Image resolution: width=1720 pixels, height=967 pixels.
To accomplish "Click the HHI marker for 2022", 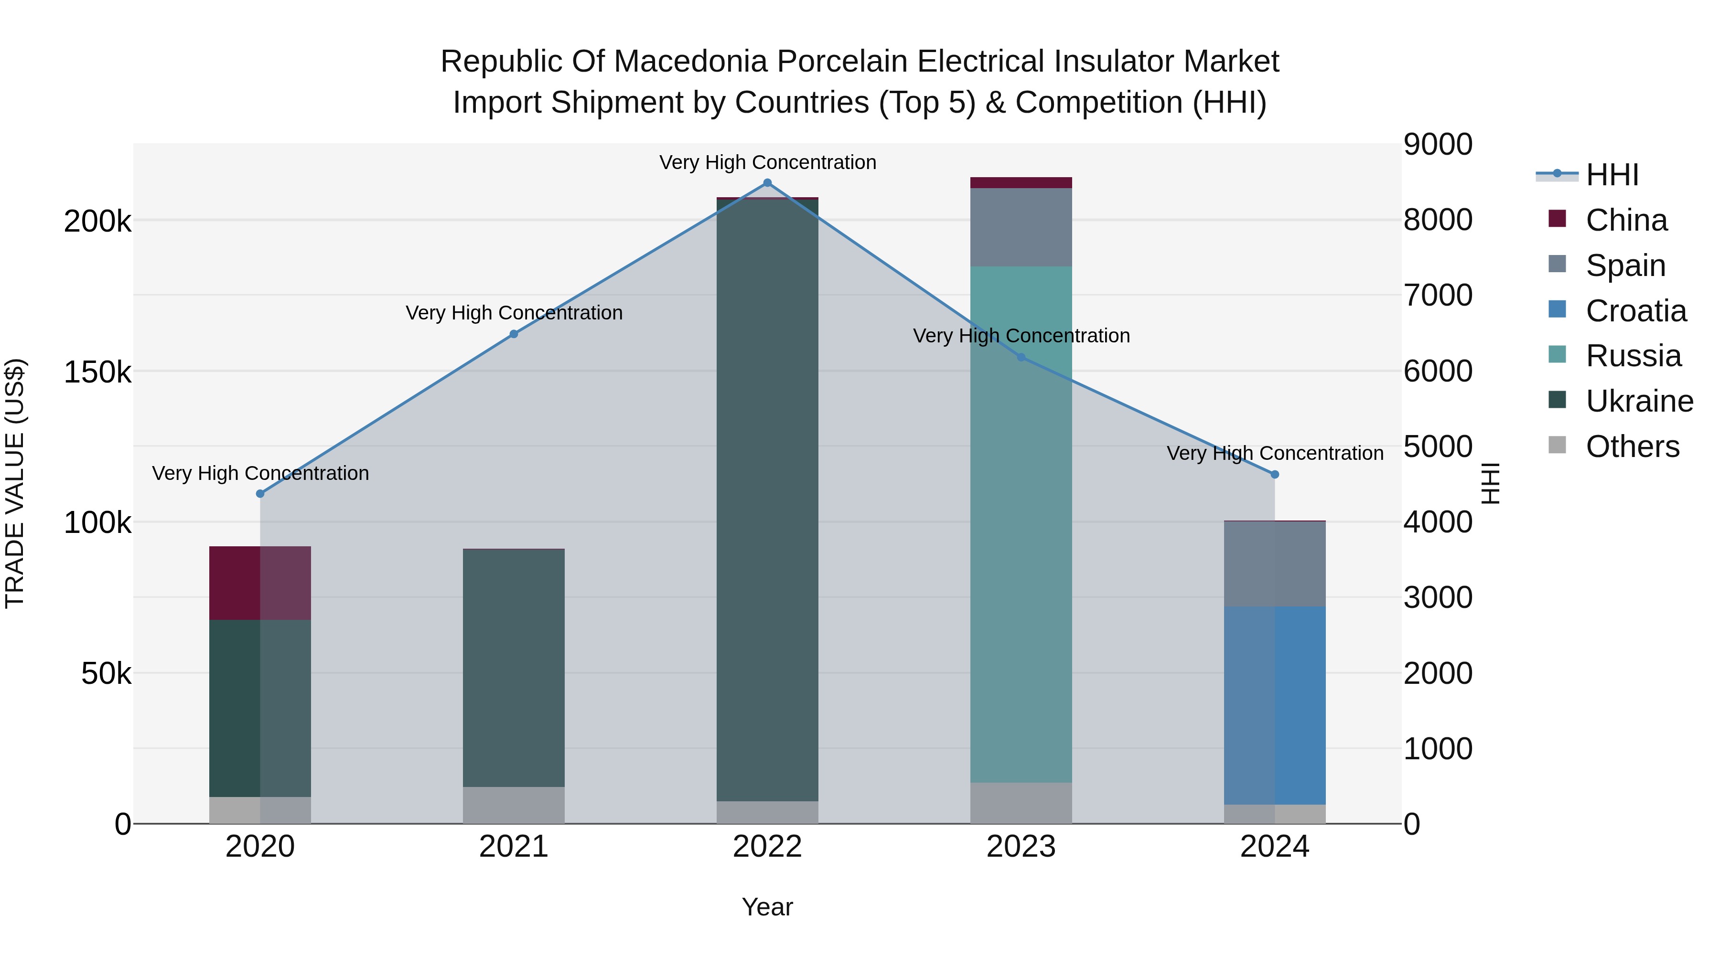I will [x=767, y=183].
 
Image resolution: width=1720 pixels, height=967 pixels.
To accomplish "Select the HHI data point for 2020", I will [x=260, y=494].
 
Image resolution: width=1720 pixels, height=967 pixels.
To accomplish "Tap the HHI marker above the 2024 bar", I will [x=1275, y=475].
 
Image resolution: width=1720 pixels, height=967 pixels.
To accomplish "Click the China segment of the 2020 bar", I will [x=260, y=583].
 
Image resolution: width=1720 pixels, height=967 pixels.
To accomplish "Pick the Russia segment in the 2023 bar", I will [x=1021, y=524].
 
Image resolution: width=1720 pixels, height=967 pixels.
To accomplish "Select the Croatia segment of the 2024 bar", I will [x=1275, y=705].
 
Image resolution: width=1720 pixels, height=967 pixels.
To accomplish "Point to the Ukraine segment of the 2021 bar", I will [x=514, y=668].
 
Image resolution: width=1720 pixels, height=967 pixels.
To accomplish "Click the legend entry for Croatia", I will [x=1635, y=311].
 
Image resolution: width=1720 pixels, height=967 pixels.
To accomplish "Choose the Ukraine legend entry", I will [x=1639, y=402].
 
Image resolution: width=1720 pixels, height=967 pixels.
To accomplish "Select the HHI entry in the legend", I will [x=1612, y=175].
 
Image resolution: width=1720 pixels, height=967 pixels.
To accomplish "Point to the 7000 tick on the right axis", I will [x=1438, y=295].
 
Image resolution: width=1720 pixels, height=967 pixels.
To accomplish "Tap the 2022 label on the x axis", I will [x=767, y=847].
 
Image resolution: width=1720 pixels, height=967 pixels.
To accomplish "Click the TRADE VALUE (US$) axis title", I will [x=15, y=483].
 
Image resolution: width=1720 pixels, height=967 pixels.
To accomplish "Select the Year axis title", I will [x=767, y=907].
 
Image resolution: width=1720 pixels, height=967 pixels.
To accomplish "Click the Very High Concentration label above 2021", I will [x=514, y=312].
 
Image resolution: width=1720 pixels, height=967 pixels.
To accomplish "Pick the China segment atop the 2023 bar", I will [x=1021, y=183].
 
